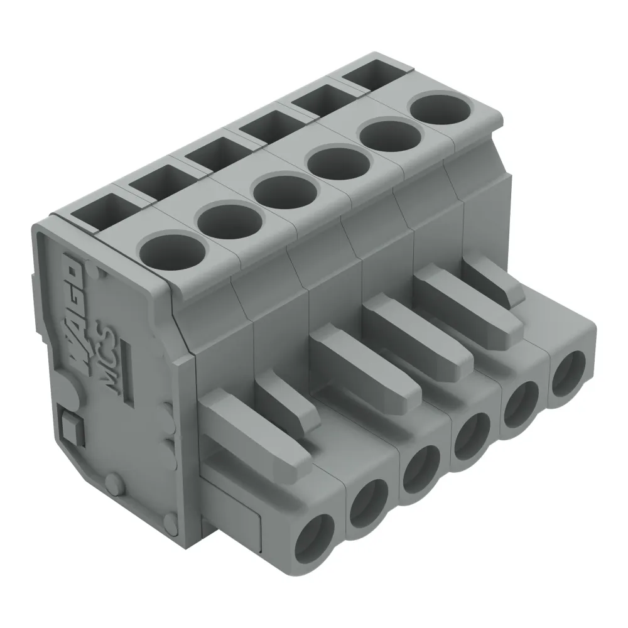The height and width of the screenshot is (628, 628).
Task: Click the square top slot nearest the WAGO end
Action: pos(97,210)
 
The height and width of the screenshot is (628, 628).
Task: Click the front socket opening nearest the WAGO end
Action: pos(317,534)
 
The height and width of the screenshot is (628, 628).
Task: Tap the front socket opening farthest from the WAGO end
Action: pos(568,372)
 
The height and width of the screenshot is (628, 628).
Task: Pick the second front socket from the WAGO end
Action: pos(370,502)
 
